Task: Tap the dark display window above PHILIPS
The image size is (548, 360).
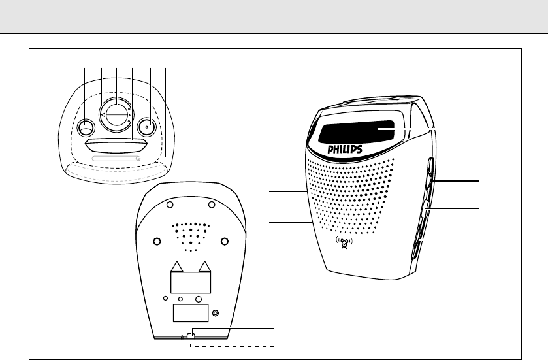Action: coord(357,133)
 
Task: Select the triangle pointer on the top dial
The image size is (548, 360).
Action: coord(104,115)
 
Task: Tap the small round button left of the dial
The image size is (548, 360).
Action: coord(86,127)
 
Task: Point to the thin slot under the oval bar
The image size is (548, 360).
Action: coord(116,158)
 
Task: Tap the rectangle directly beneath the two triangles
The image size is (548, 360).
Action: coord(191,282)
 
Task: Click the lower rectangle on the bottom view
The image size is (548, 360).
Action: coord(190,313)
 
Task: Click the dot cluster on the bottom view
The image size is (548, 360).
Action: coord(191,235)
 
